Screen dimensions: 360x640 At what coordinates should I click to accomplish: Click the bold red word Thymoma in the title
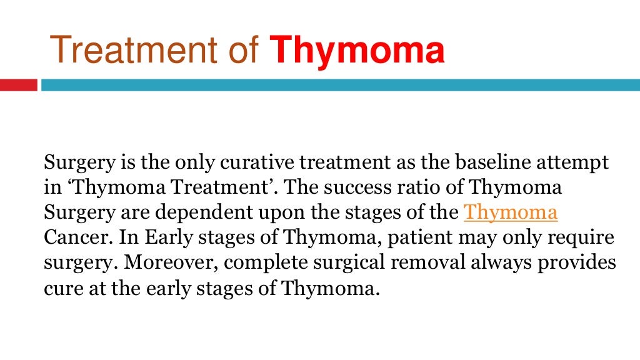[357, 51]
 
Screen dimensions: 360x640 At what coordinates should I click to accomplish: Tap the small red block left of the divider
[18, 84]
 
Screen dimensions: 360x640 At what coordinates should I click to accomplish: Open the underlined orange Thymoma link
[510, 212]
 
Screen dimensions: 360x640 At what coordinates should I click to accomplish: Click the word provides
[578, 264]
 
